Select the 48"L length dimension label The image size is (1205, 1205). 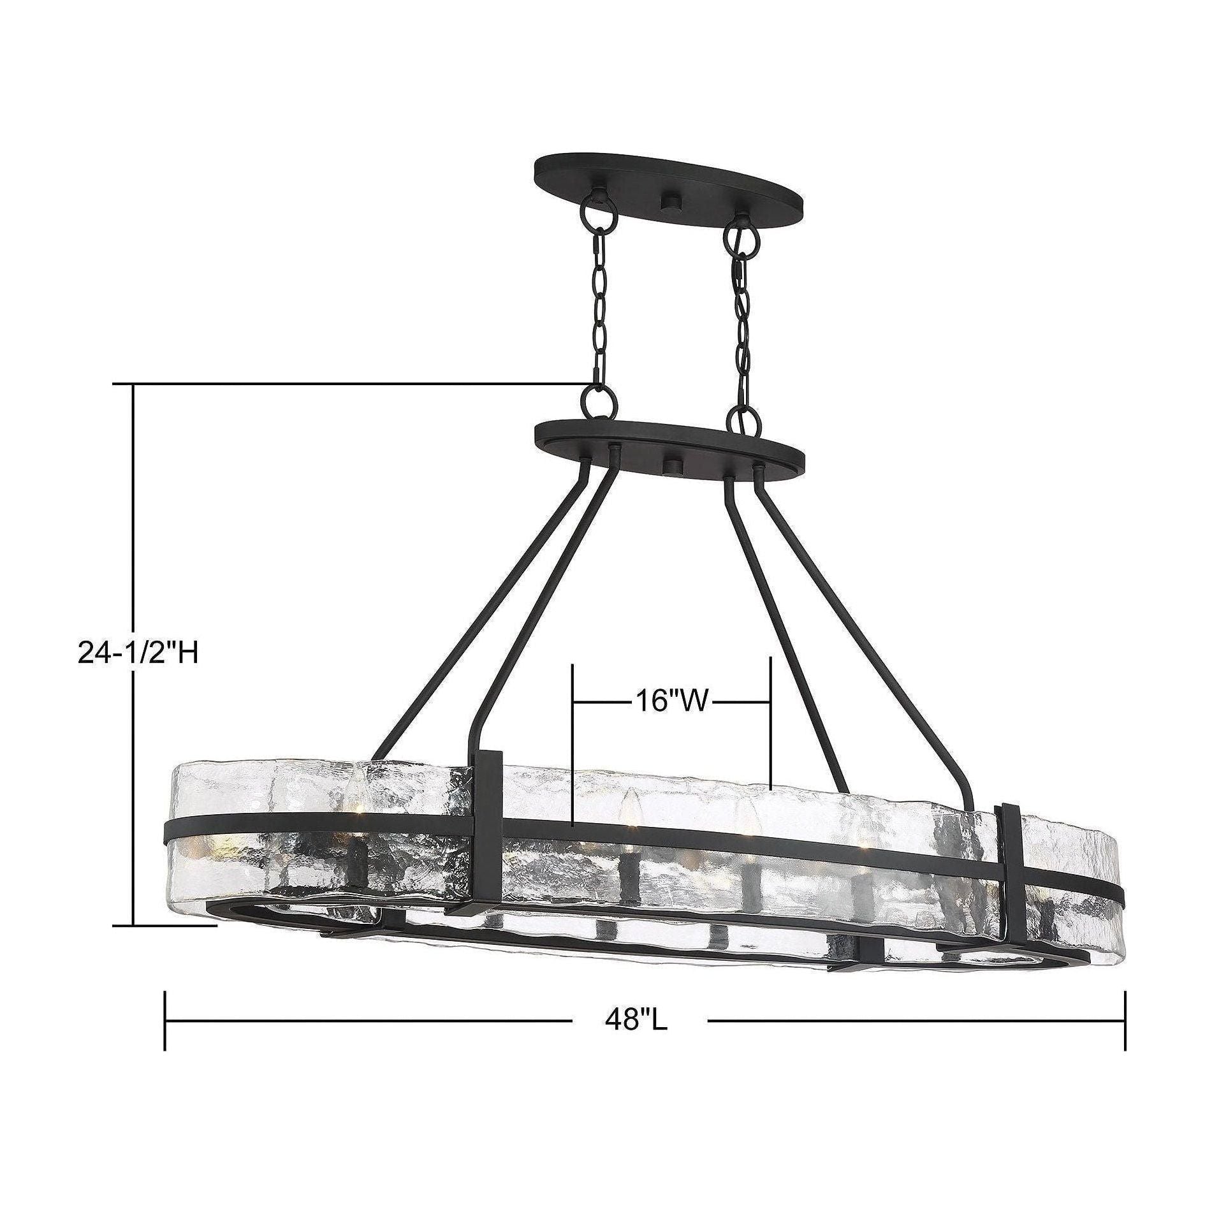(636, 1056)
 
